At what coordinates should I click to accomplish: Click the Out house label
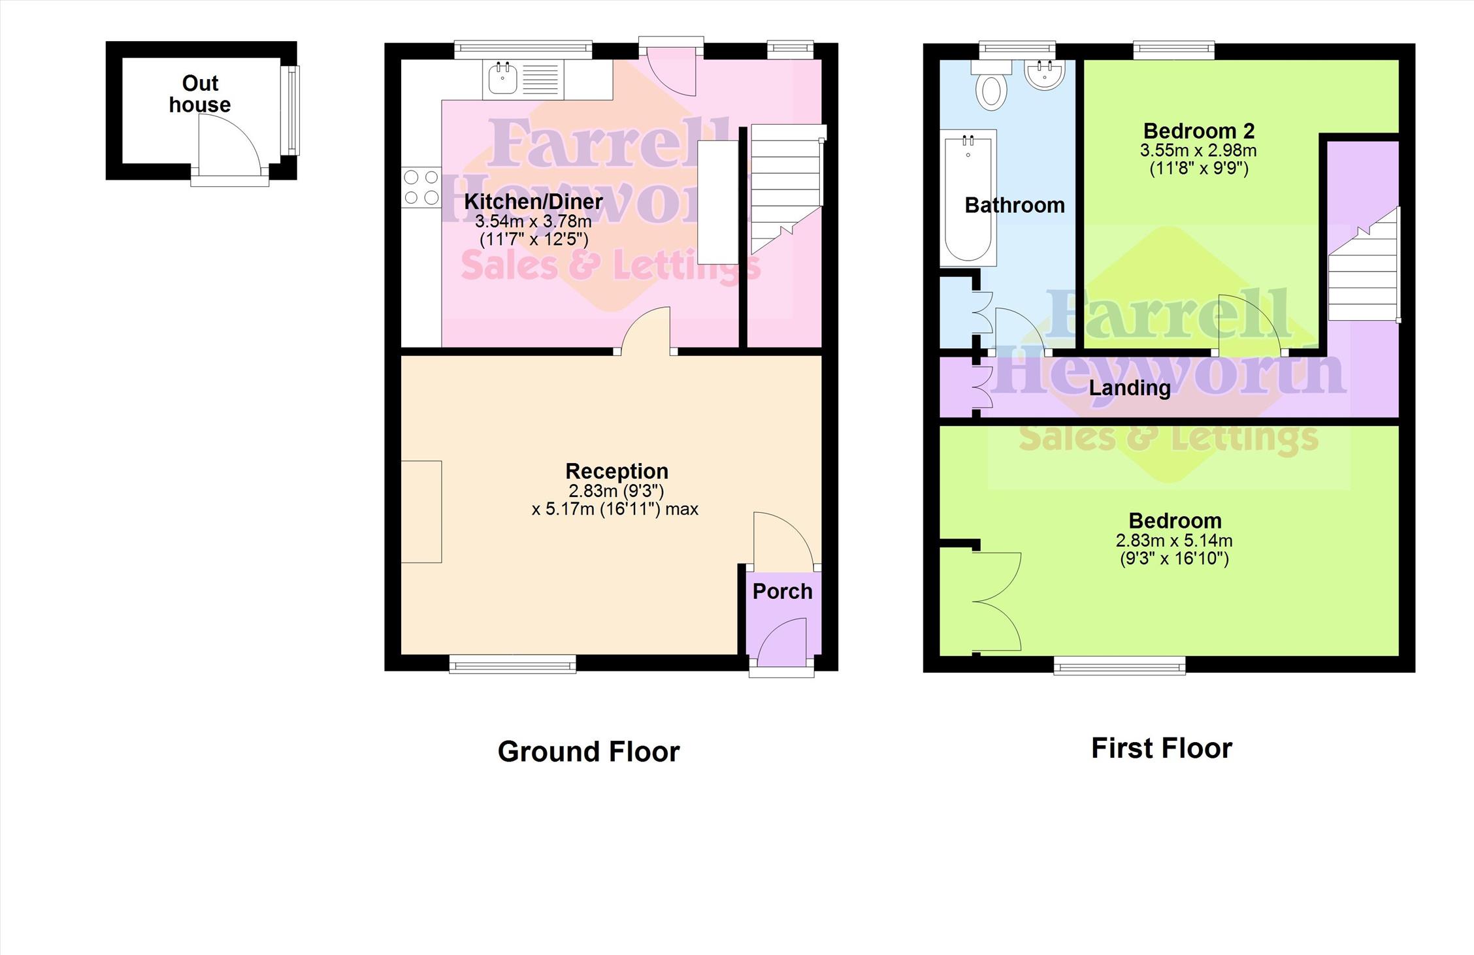click(200, 94)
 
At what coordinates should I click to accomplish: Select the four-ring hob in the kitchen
click(421, 187)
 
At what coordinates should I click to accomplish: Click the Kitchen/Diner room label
click(533, 201)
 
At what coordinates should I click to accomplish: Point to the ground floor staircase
click(787, 188)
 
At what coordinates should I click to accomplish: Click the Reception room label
click(617, 471)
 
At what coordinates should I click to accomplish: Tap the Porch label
click(782, 591)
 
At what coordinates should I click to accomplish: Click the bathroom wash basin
click(1045, 74)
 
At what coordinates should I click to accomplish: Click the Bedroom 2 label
click(1199, 131)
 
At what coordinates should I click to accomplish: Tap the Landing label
click(1130, 388)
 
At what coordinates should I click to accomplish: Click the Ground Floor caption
click(589, 751)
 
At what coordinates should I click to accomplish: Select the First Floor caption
click(1162, 748)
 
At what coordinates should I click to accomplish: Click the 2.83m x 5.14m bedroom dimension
click(1174, 541)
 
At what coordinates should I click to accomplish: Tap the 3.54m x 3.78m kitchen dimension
click(533, 221)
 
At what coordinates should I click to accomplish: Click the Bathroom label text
click(1015, 205)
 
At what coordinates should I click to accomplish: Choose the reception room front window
click(513, 664)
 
